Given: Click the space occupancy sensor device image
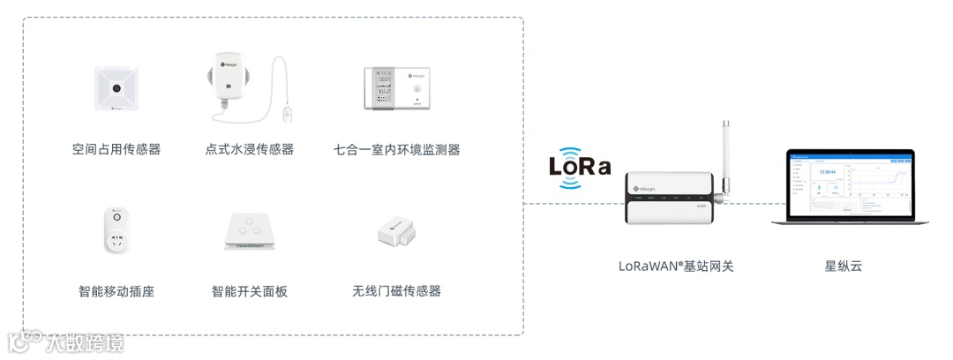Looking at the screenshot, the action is click(x=116, y=89).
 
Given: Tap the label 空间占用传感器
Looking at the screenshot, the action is click(x=116, y=149).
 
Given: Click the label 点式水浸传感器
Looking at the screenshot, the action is click(x=250, y=149).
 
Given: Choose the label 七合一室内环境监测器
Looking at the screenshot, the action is click(x=397, y=149).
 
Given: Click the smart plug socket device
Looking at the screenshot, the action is click(x=116, y=230).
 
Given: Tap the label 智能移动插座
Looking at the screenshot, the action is click(x=116, y=291).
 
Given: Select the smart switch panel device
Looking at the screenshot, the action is click(x=250, y=230).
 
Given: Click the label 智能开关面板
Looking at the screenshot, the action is click(x=250, y=291).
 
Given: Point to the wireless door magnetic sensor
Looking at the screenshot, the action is click(x=396, y=233).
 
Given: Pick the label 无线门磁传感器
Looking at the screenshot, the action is click(x=396, y=291).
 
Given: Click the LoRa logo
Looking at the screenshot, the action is click(x=580, y=166).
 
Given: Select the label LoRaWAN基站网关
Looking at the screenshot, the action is click(x=676, y=265).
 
